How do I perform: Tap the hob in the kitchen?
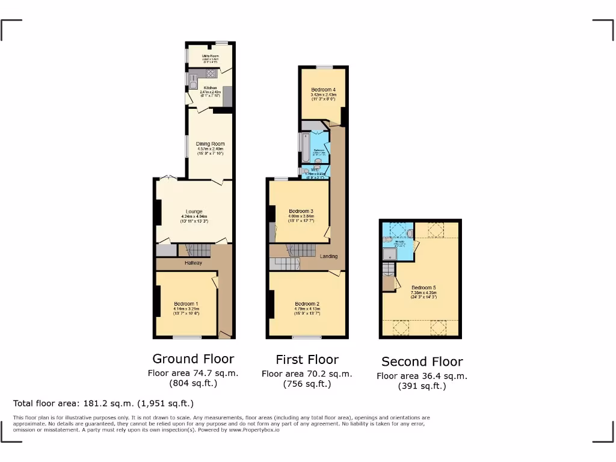click(211, 74)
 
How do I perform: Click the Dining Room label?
click(210, 144)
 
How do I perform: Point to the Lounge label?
click(194, 211)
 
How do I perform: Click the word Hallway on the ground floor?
click(193, 263)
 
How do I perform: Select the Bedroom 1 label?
click(186, 304)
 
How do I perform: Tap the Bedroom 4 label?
click(323, 90)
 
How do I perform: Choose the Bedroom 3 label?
click(301, 211)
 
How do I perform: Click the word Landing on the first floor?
click(328, 256)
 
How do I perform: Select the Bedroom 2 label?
click(307, 304)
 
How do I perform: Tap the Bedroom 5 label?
click(423, 288)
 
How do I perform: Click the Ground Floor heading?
click(193, 359)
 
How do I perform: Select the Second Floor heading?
click(422, 362)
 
